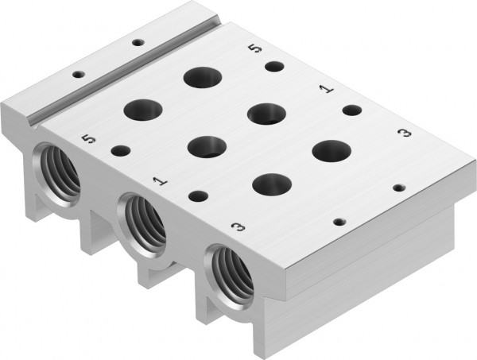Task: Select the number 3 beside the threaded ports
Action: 236,228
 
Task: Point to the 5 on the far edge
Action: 254,49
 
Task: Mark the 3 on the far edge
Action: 403,132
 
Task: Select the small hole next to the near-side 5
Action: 121,149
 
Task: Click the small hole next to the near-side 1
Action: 198,195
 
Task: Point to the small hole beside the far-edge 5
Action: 274,67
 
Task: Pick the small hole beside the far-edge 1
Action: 351,111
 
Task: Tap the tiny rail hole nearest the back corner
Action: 138,42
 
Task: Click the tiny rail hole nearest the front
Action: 78,75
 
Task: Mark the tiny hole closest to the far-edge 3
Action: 400,189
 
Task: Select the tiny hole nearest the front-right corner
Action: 339,223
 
